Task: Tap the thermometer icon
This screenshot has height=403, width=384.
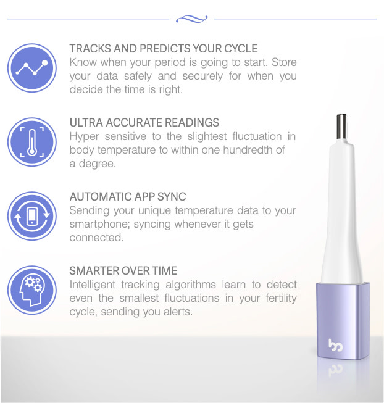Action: tap(31, 141)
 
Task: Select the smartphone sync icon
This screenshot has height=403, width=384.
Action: tap(31, 216)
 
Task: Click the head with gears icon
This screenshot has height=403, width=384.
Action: tap(31, 290)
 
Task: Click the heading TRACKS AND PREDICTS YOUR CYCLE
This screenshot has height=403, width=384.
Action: tap(164, 48)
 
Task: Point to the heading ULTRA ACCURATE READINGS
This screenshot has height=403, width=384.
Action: tap(144, 123)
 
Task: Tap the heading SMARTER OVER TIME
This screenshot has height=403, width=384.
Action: tap(123, 271)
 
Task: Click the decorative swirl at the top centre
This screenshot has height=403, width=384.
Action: tap(191, 19)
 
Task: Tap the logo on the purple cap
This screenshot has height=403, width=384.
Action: tap(336, 344)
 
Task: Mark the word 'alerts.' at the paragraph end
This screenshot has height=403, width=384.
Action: tap(177, 312)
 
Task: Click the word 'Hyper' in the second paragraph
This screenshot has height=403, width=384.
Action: tap(83, 136)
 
